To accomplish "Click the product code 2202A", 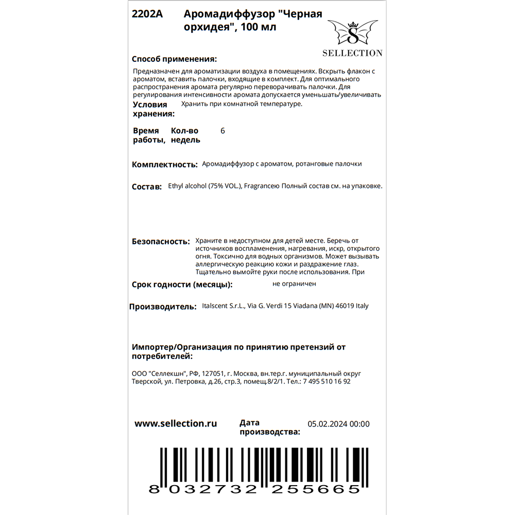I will (147, 14).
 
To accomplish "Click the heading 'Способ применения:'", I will (174, 59).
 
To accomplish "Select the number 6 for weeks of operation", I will (222, 131).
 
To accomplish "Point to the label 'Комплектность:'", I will (165, 165).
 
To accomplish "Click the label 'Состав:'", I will (147, 187).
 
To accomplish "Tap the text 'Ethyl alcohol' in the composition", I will (187, 186).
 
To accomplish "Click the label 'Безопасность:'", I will (158, 241).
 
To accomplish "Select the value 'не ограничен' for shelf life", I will (295, 284).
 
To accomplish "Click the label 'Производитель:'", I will (162, 307).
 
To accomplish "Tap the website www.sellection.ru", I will (176, 423).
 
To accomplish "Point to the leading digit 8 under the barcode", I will (153, 489).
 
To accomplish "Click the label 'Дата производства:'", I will (269, 427).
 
